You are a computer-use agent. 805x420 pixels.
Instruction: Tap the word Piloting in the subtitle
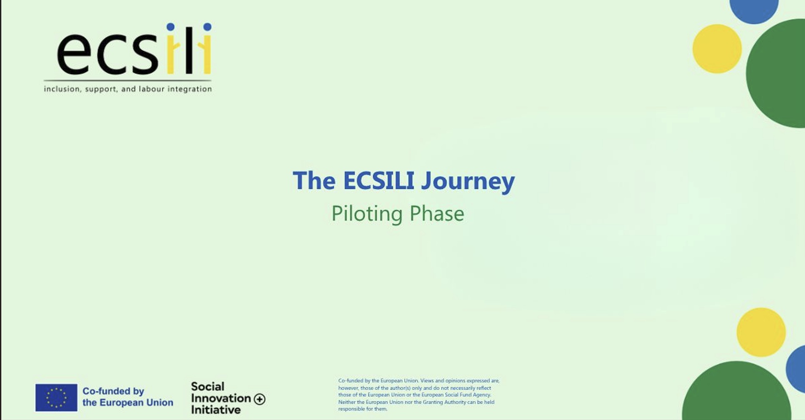367,214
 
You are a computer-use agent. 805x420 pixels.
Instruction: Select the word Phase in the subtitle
437,213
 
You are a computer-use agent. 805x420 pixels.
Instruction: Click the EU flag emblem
56,397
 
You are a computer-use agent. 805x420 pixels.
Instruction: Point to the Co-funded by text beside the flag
113,391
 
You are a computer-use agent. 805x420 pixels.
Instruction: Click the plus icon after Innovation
259,399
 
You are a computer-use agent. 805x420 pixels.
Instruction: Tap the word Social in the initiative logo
207,386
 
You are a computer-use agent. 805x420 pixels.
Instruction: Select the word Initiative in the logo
216,410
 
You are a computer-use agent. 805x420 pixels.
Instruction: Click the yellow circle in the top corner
717,49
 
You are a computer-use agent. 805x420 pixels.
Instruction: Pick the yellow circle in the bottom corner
761,332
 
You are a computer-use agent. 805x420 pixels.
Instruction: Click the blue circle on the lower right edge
796,369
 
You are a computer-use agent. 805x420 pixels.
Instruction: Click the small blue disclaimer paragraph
419,395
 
